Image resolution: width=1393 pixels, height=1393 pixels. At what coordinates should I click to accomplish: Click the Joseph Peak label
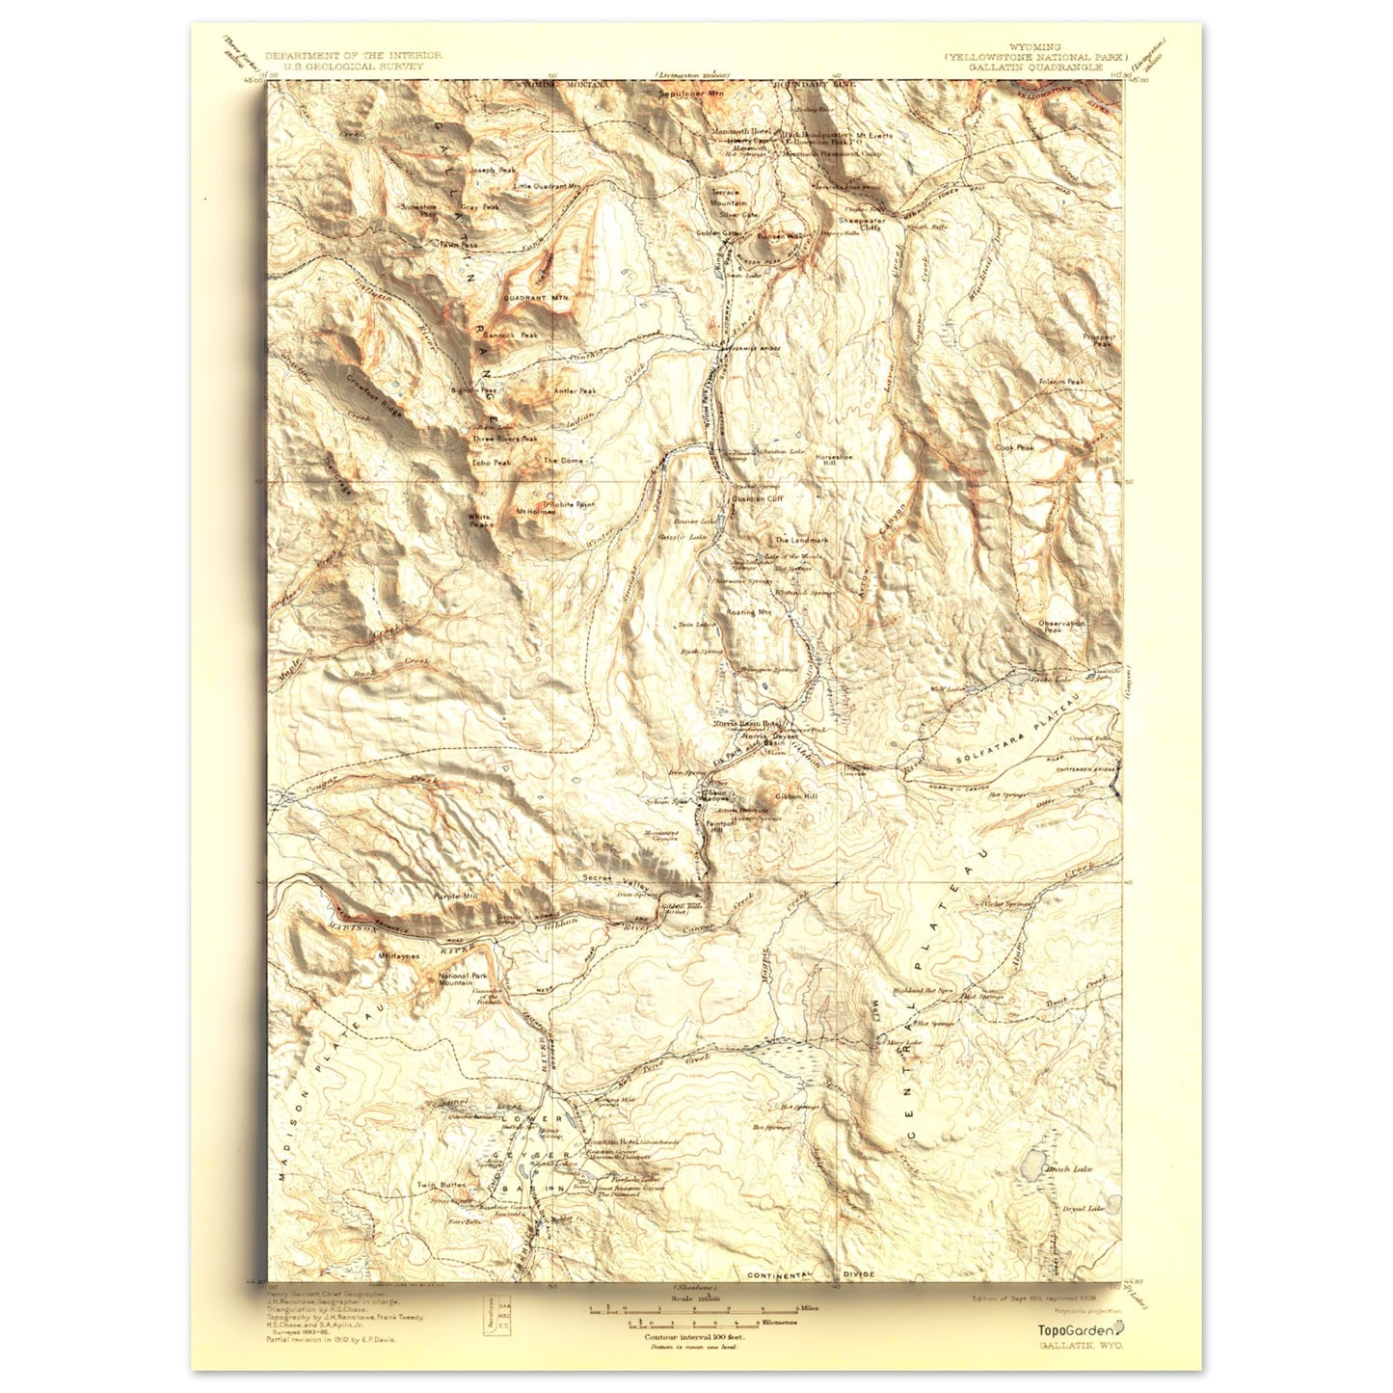coord(487,170)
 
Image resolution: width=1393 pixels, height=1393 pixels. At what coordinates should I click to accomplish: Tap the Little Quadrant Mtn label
coord(548,186)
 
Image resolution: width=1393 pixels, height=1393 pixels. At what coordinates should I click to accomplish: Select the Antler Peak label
coord(575,391)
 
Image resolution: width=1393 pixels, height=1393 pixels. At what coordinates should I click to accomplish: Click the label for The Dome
coord(564,461)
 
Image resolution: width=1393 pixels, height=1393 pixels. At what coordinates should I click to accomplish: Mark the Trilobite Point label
coord(570,504)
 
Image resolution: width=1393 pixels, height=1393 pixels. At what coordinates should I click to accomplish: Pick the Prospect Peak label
coord(1098,339)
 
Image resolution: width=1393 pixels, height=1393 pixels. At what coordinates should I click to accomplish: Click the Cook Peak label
coord(1015,447)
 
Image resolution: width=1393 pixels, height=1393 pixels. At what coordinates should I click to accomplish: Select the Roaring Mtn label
coord(749,612)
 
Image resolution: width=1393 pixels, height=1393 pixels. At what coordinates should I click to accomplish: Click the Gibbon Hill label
coord(795,796)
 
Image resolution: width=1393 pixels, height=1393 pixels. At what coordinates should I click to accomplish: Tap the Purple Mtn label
coord(455,897)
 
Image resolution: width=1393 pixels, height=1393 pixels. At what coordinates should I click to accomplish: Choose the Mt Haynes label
coord(395,956)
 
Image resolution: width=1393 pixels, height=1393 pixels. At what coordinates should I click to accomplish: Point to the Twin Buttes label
coord(441,1185)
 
